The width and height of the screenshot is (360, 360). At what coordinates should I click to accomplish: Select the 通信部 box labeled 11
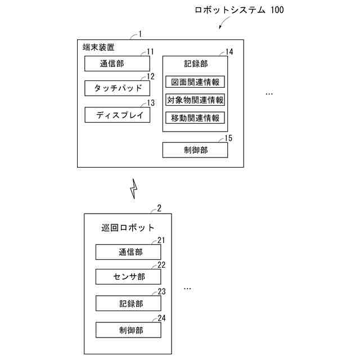coord(117,64)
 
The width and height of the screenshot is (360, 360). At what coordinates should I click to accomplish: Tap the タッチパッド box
coord(117,89)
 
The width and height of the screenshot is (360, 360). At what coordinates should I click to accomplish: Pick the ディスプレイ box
coord(117,115)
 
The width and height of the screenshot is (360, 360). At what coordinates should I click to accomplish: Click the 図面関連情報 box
coord(195,82)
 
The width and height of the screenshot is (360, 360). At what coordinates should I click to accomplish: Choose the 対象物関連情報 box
coord(195,100)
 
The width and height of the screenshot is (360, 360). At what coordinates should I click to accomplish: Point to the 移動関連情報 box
coord(195,118)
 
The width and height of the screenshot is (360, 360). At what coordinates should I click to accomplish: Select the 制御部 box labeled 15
coord(195,150)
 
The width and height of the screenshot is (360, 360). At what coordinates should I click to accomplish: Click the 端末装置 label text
coord(98,47)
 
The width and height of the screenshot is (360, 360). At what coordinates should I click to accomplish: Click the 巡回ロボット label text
coord(128,228)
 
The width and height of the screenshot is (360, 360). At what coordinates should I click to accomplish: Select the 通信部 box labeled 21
coord(128,252)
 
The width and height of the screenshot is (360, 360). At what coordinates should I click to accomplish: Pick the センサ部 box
coord(128,277)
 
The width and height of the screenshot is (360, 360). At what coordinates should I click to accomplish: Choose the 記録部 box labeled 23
coord(128,303)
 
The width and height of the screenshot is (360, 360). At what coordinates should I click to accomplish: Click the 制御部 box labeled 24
coord(128,330)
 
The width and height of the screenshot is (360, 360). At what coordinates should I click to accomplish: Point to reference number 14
coord(229,52)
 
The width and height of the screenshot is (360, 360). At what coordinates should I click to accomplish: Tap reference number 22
coord(161,265)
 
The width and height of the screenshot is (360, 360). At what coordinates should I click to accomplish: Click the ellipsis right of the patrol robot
coord(187,288)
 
